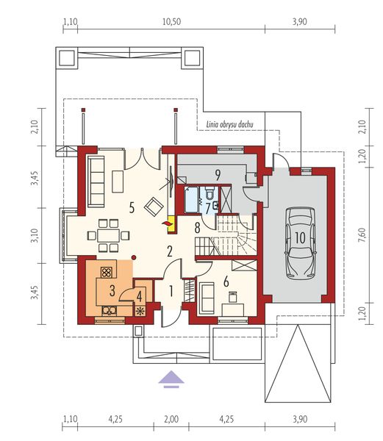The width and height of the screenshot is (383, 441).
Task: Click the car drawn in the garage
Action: (299, 232)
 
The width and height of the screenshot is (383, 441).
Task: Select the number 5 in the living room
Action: (131, 208)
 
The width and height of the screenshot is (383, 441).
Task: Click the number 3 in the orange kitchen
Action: (112, 290)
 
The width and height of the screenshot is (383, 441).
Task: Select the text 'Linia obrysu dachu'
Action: (230, 125)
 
